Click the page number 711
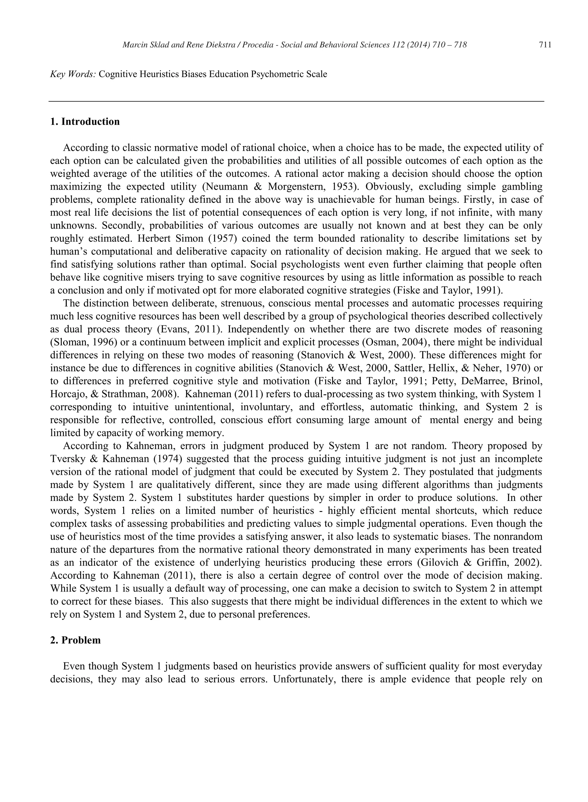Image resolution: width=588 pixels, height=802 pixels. (545, 45)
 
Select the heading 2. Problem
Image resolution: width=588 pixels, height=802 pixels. (76, 640)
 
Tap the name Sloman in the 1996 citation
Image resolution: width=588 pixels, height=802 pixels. (67, 342)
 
